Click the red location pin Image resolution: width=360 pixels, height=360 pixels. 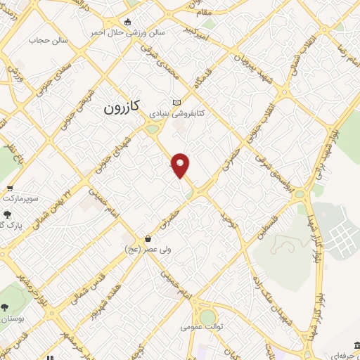tap(181, 165)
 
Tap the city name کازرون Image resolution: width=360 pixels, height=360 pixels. tap(122, 108)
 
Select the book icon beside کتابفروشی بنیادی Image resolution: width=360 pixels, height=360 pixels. tap(176, 103)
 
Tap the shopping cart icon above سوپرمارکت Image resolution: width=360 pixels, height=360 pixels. tap(10, 188)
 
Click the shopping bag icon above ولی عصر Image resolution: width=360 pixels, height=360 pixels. tap(147, 238)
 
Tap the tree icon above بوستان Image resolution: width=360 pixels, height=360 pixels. tap(6, 307)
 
